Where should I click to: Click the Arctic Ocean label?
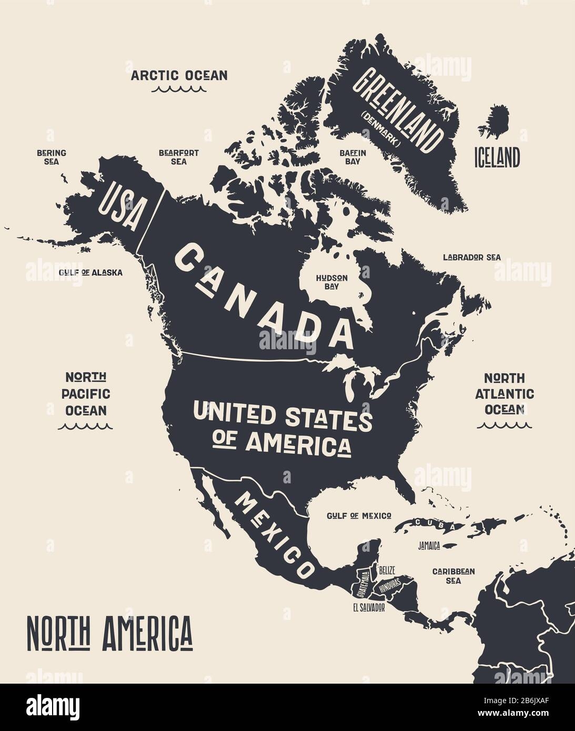[179, 75]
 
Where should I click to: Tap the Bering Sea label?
[52, 157]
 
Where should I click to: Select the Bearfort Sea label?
[179, 157]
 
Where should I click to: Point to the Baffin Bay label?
[352, 157]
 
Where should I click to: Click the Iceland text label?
[497, 157]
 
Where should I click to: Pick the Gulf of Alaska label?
[90, 272]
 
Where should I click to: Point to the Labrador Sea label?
[471, 258]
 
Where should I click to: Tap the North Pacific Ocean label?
[86, 393]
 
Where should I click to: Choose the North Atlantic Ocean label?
[505, 393]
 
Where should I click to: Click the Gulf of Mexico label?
[359, 516]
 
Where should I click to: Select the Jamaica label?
[429, 546]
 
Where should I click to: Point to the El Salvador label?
[369, 607]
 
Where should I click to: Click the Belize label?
[387, 570]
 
